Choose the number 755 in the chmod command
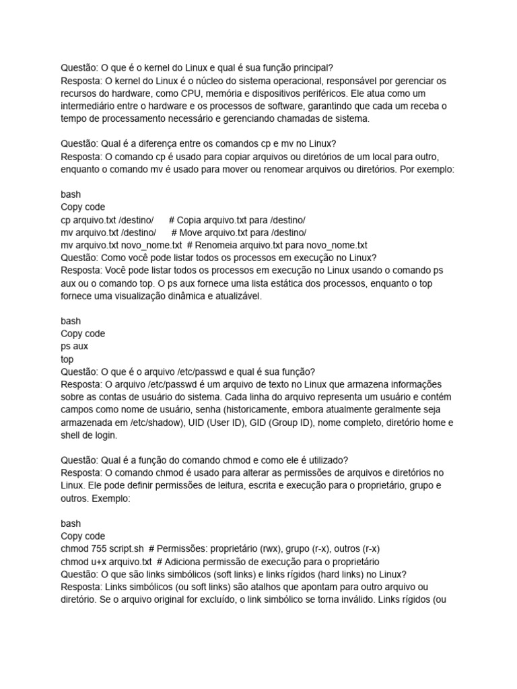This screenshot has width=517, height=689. [98, 549]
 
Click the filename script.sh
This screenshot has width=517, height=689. [127, 549]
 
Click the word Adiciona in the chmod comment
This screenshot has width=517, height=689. [184, 562]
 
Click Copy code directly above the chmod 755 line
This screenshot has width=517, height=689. [83, 536]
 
